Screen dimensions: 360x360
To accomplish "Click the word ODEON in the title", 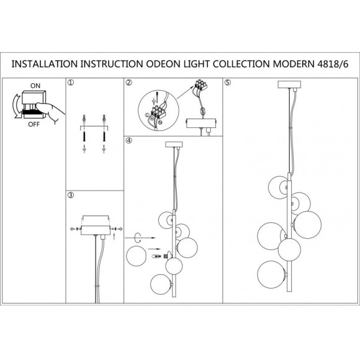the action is coord(163,64).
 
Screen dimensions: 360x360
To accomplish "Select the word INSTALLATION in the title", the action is coord(45,64).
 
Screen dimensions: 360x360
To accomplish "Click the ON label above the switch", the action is coord(35,86).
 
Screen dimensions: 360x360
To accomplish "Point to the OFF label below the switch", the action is coord(34,124).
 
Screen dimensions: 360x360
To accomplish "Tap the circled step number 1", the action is coord(71,83).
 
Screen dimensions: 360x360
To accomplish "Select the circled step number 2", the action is coord(129,83).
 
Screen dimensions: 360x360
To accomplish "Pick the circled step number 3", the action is coord(71,195).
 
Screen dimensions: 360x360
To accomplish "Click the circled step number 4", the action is coord(129,140).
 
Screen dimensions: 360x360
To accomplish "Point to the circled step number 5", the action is coord(228,83).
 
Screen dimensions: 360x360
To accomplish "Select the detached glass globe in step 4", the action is coord(137,256).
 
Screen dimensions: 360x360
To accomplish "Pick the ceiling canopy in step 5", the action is coord(289,84).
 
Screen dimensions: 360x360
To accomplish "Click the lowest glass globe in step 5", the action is coord(271,274).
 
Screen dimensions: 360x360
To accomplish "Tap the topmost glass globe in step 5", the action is coord(278,187).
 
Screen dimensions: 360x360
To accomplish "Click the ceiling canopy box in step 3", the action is coord(96,230).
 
